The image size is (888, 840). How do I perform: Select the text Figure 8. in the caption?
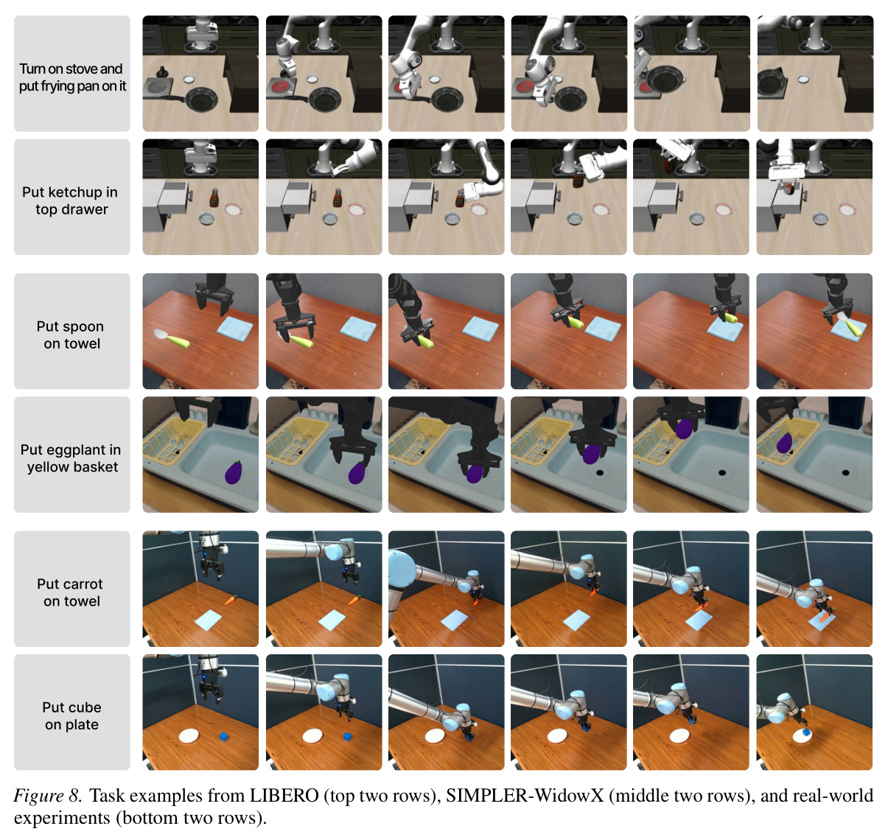coord(47,796)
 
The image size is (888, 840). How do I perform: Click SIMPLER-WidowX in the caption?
coord(525,796)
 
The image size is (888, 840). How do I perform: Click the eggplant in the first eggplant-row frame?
coord(234,472)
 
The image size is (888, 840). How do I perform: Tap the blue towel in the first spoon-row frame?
coord(235,329)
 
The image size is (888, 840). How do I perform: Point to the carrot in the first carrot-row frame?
coord(231,601)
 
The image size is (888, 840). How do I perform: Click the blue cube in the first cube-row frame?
coord(223,737)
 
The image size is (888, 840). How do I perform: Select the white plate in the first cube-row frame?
coord(189,735)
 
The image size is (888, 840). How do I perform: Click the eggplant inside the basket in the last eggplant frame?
coord(784,443)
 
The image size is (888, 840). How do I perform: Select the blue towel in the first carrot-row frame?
coord(209,620)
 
